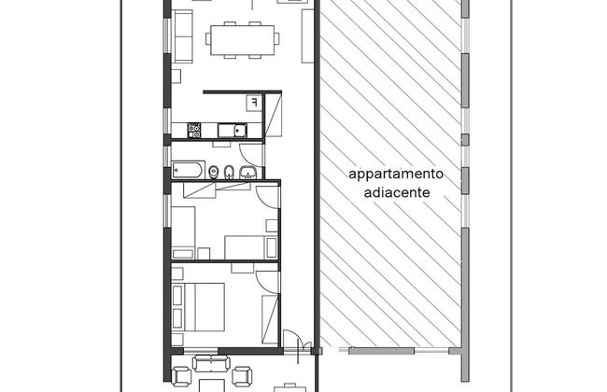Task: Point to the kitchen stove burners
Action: [195, 129]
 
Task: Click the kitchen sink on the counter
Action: [240, 130]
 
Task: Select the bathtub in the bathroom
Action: [186, 170]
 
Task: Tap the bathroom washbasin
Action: [247, 172]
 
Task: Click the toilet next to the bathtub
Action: [213, 172]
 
